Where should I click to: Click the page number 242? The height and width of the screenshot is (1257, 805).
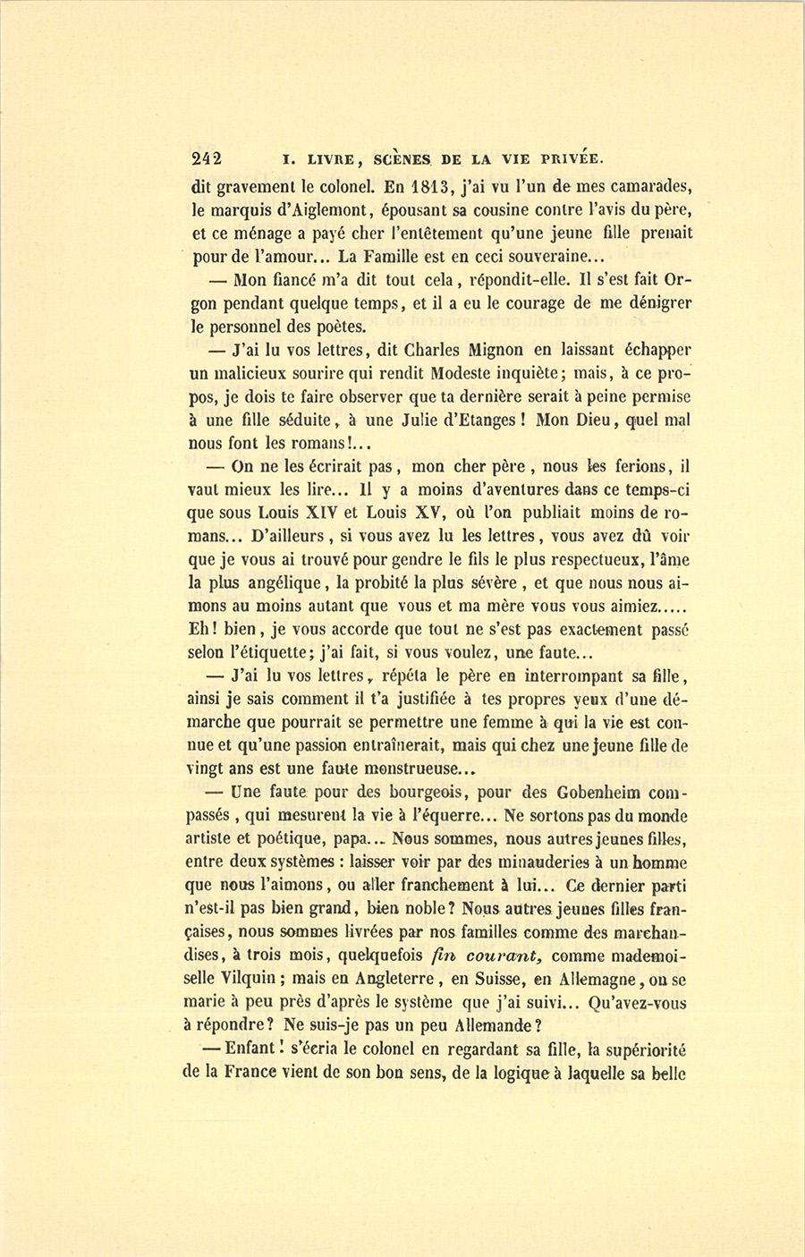click(x=206, y=160)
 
